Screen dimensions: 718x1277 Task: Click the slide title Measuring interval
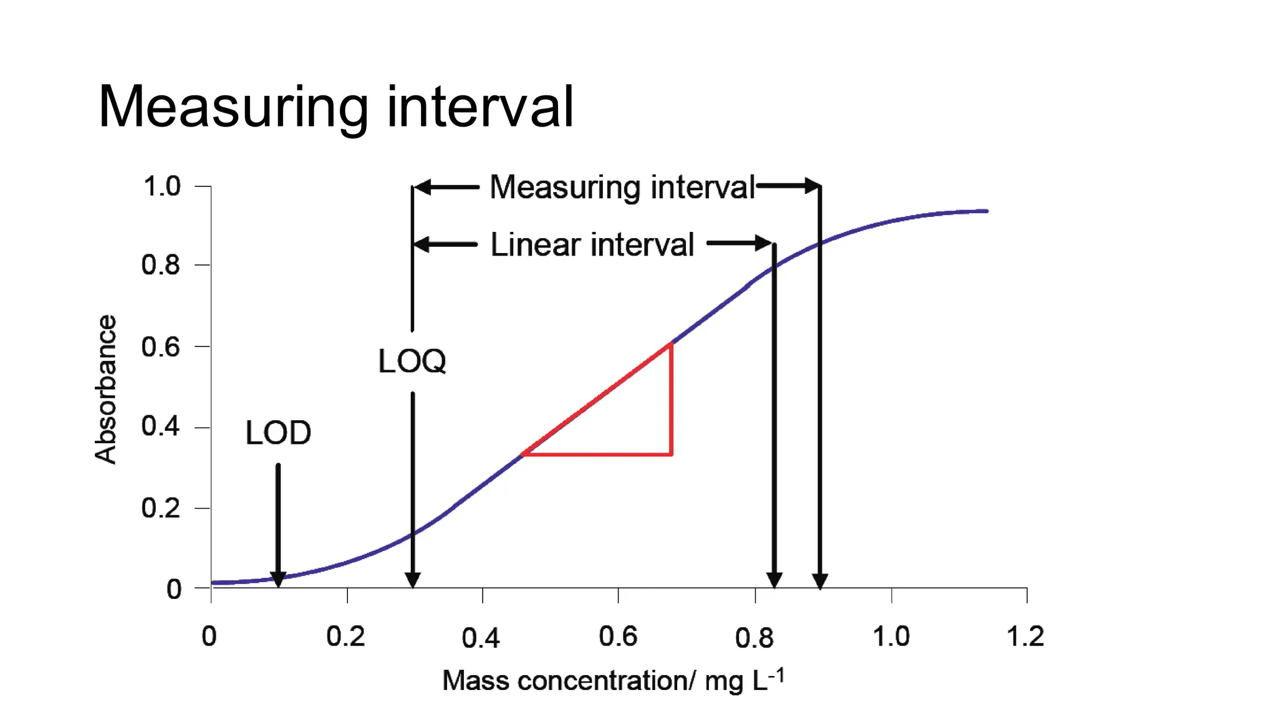(x=335, y=107)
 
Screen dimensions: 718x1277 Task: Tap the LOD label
(x=278, y=433)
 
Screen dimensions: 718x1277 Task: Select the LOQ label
(x=412, y=361)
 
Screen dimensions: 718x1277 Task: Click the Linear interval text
(x=592, y=244)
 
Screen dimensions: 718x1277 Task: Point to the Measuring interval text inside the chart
(x=622, y=187)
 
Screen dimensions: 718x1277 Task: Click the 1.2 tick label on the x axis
(x=1025, y=636)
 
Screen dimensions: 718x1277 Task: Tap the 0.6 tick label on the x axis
(x=618, y=636)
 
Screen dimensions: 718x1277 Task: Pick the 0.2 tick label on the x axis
(x=345, y=636)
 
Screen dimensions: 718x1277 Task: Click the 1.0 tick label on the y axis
(x=162, y=186)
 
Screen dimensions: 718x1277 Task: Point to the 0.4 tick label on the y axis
(x=160, y=426)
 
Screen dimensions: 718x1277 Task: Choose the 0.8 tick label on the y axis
(x=160, y=265)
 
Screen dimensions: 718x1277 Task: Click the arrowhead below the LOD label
(x=278, y=580)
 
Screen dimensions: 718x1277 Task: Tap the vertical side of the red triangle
(x=672, y=399)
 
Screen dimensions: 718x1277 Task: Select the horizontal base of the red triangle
(x=597, y=454)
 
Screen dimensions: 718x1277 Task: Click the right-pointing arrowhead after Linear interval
(x=764, y=243)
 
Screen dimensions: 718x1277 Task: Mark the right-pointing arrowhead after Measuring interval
(x=812, y=186)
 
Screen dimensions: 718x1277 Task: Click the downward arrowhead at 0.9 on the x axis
(x=820, y=582)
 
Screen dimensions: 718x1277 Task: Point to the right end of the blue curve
(x=986, y=211)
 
